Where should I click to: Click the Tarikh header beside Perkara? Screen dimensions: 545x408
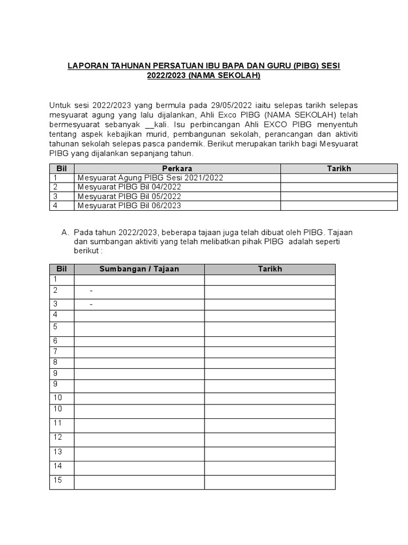click(338, 169)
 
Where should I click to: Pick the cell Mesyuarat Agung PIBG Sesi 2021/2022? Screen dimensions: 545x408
click(150, 178)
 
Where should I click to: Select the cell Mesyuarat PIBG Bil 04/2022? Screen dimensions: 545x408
click(129, 187)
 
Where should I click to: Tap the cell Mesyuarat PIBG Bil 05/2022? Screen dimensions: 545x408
click(129, 196)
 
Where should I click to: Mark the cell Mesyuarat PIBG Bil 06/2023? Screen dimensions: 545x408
click(129, 205)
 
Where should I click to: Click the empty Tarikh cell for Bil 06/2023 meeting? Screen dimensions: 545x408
click(338, 205)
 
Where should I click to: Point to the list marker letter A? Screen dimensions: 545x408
click(65, 233)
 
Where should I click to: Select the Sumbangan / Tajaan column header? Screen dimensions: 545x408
click(139, 269)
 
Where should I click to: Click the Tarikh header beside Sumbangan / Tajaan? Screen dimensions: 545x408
click(270, 269)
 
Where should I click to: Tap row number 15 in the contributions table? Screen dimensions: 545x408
click(57, 480)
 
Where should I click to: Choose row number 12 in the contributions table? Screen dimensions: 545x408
click(57, 437)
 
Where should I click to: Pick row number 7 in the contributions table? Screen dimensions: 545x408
click(55, 351)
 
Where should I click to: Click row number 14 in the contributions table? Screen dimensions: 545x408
click(57, 466)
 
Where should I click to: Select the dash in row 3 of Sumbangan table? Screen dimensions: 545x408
click(91, 304)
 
